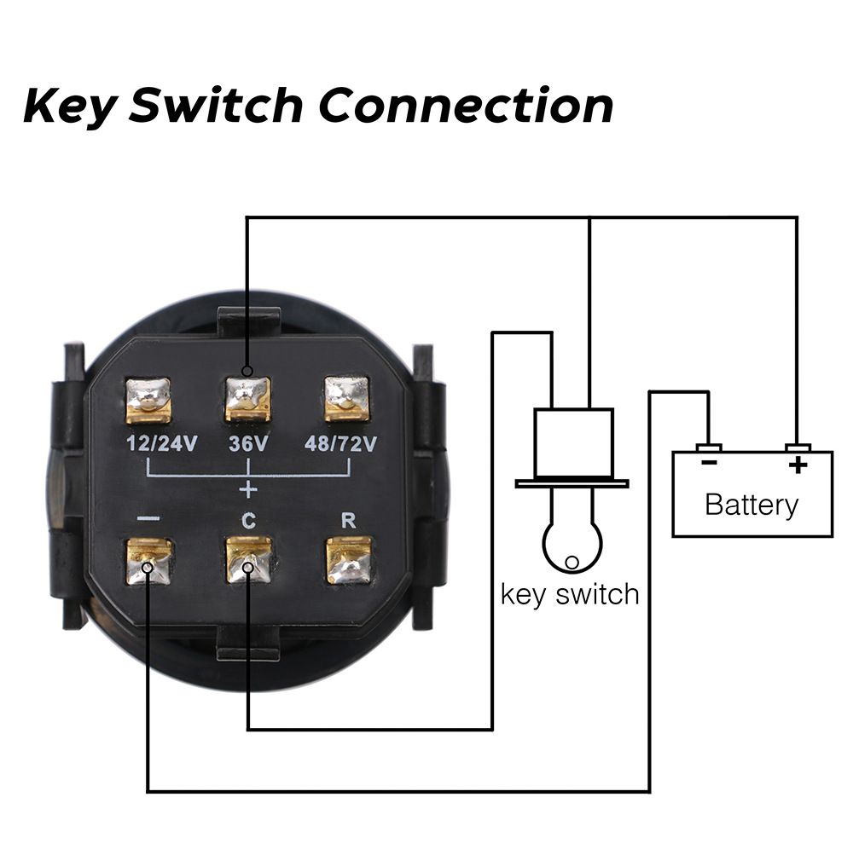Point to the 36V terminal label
click(248, 444)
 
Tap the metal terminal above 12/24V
click(148, 400)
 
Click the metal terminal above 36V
click(247, 399)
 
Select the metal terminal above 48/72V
click(347, 398)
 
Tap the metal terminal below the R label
click(349, 560)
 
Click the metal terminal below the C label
click(248, 559)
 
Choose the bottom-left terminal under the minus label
click(148, 561)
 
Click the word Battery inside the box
click(751, 505)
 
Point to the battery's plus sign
click(798, 465)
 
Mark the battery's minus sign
click(708, 464)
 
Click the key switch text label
click(570, 593)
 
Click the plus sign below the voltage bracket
click(248, 490)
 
